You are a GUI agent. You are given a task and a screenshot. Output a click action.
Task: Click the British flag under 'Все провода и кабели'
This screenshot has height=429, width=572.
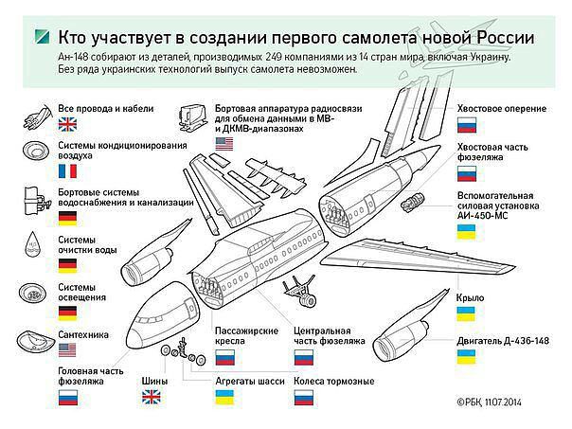[x=67, y=124]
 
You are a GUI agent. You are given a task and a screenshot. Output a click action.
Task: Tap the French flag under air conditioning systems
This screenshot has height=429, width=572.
[x=67, y=171]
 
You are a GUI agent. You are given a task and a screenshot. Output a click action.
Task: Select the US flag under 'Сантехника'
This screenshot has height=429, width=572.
[x=67, y=349]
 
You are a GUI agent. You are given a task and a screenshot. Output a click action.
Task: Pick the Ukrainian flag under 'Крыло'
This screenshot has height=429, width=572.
[x=466, y=313]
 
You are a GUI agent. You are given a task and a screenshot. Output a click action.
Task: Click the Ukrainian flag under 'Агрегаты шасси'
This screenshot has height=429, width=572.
[x=224, y=397]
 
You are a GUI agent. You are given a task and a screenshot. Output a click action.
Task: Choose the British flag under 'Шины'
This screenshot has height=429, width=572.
[x=152, y=397]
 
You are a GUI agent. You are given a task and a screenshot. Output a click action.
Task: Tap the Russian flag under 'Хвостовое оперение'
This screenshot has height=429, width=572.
[x=467, y=125]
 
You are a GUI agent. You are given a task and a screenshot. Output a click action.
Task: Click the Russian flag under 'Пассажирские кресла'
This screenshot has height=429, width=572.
[x=224, y=358]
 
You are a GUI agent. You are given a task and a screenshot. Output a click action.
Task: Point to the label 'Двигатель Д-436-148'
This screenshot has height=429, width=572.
[x=503, y=341]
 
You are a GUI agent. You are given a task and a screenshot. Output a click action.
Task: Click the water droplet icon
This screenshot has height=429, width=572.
[x=33, y=243]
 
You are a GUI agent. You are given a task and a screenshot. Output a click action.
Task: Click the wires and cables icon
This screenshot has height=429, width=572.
[x=38, y=116]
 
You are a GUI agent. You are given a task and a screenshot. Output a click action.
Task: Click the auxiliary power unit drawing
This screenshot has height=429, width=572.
[x=412, y=203]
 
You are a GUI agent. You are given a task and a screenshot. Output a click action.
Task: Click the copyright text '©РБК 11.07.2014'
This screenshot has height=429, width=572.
[x=489, y=402]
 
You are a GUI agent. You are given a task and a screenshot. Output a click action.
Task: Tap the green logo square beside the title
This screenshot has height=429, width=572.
[x=42, y=37]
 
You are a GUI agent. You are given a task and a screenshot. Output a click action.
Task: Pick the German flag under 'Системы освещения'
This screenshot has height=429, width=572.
[x=67, y=313]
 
